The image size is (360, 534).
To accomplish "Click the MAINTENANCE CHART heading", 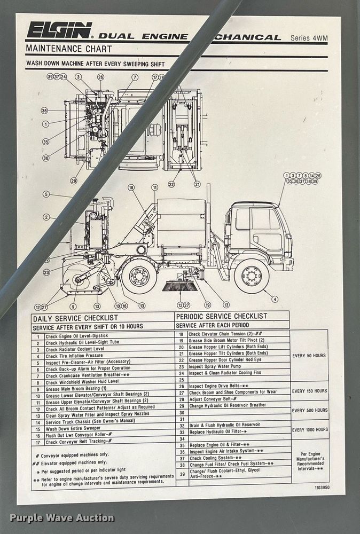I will (69, 49).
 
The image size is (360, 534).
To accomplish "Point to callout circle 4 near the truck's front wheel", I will (275, 300).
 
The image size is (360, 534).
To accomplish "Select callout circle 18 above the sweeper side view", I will (131, 187).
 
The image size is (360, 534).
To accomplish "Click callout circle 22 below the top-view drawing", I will (171, 184).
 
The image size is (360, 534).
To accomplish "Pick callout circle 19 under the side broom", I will (207, 305).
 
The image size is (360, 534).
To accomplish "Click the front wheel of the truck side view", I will (251, 276).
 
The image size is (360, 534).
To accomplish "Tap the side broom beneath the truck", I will (179, 286).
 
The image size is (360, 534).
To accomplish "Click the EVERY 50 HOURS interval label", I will (309, 356).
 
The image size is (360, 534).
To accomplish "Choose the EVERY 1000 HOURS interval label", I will (309, 429).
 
